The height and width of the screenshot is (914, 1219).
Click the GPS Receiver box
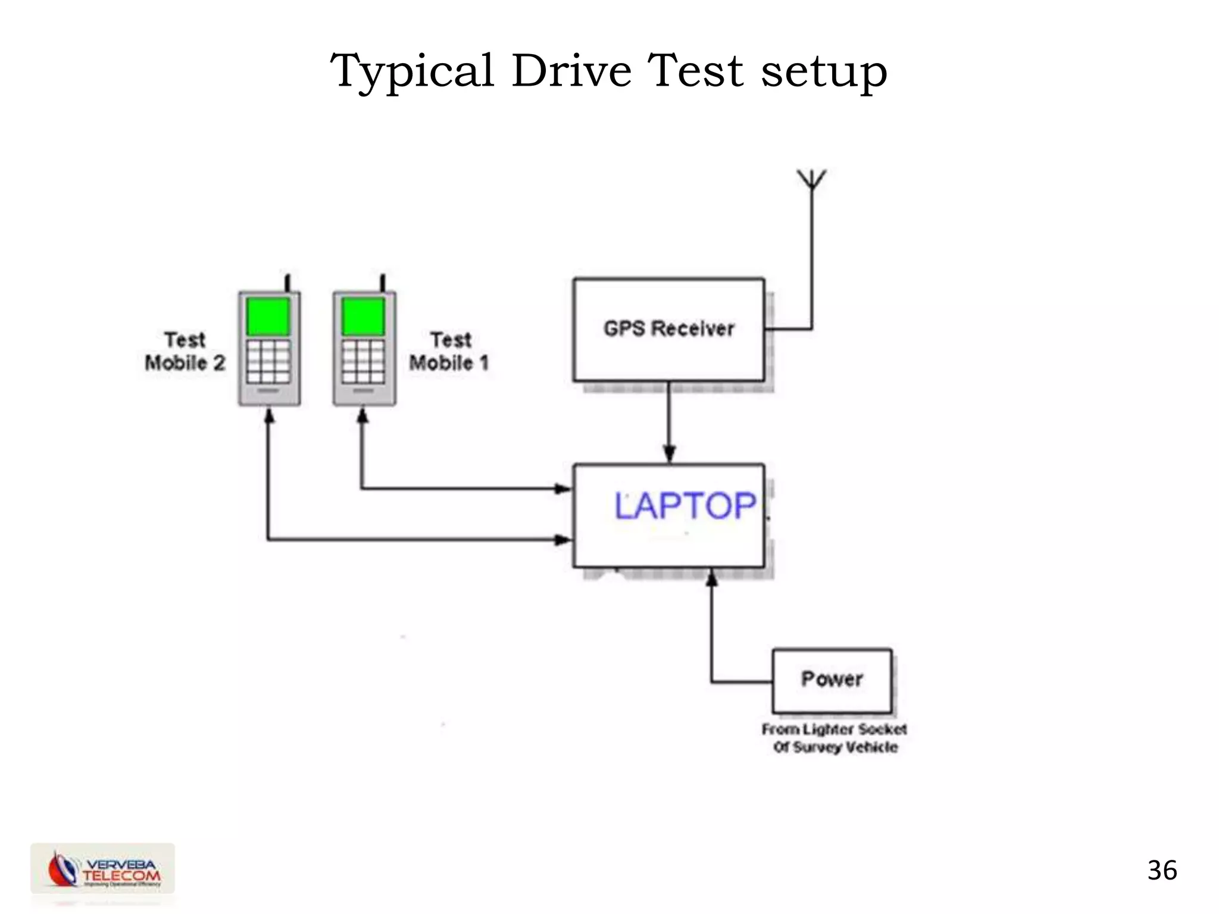coord(668,329)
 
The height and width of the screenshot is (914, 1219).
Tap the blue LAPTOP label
coord(685,506)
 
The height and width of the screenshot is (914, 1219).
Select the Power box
coord(832,680)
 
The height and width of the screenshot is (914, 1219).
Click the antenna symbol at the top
coord(812,179)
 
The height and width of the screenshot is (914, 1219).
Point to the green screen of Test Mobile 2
coord(268,317)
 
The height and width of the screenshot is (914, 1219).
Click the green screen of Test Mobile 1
coord(364,317)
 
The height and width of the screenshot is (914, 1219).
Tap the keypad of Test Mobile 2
coord(268,361)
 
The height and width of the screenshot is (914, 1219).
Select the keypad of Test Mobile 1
coord(364,361)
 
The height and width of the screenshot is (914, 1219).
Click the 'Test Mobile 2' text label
coord(185,351)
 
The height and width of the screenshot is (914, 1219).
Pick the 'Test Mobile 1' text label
coord(449,351)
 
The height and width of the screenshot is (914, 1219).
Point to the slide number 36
coord(1162,871)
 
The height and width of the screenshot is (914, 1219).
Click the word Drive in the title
coord(571,71)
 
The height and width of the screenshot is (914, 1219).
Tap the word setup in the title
coord(824,72)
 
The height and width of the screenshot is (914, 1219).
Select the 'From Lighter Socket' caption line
coord(834,729)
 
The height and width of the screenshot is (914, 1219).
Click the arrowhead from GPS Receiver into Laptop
coord(669,454)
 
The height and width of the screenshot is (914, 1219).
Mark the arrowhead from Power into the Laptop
coord(711,578)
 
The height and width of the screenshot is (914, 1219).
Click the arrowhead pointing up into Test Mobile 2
coord(269,415)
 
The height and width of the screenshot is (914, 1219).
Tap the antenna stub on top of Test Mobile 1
coord(383,283)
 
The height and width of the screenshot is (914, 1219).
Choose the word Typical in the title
coord(412,72)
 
